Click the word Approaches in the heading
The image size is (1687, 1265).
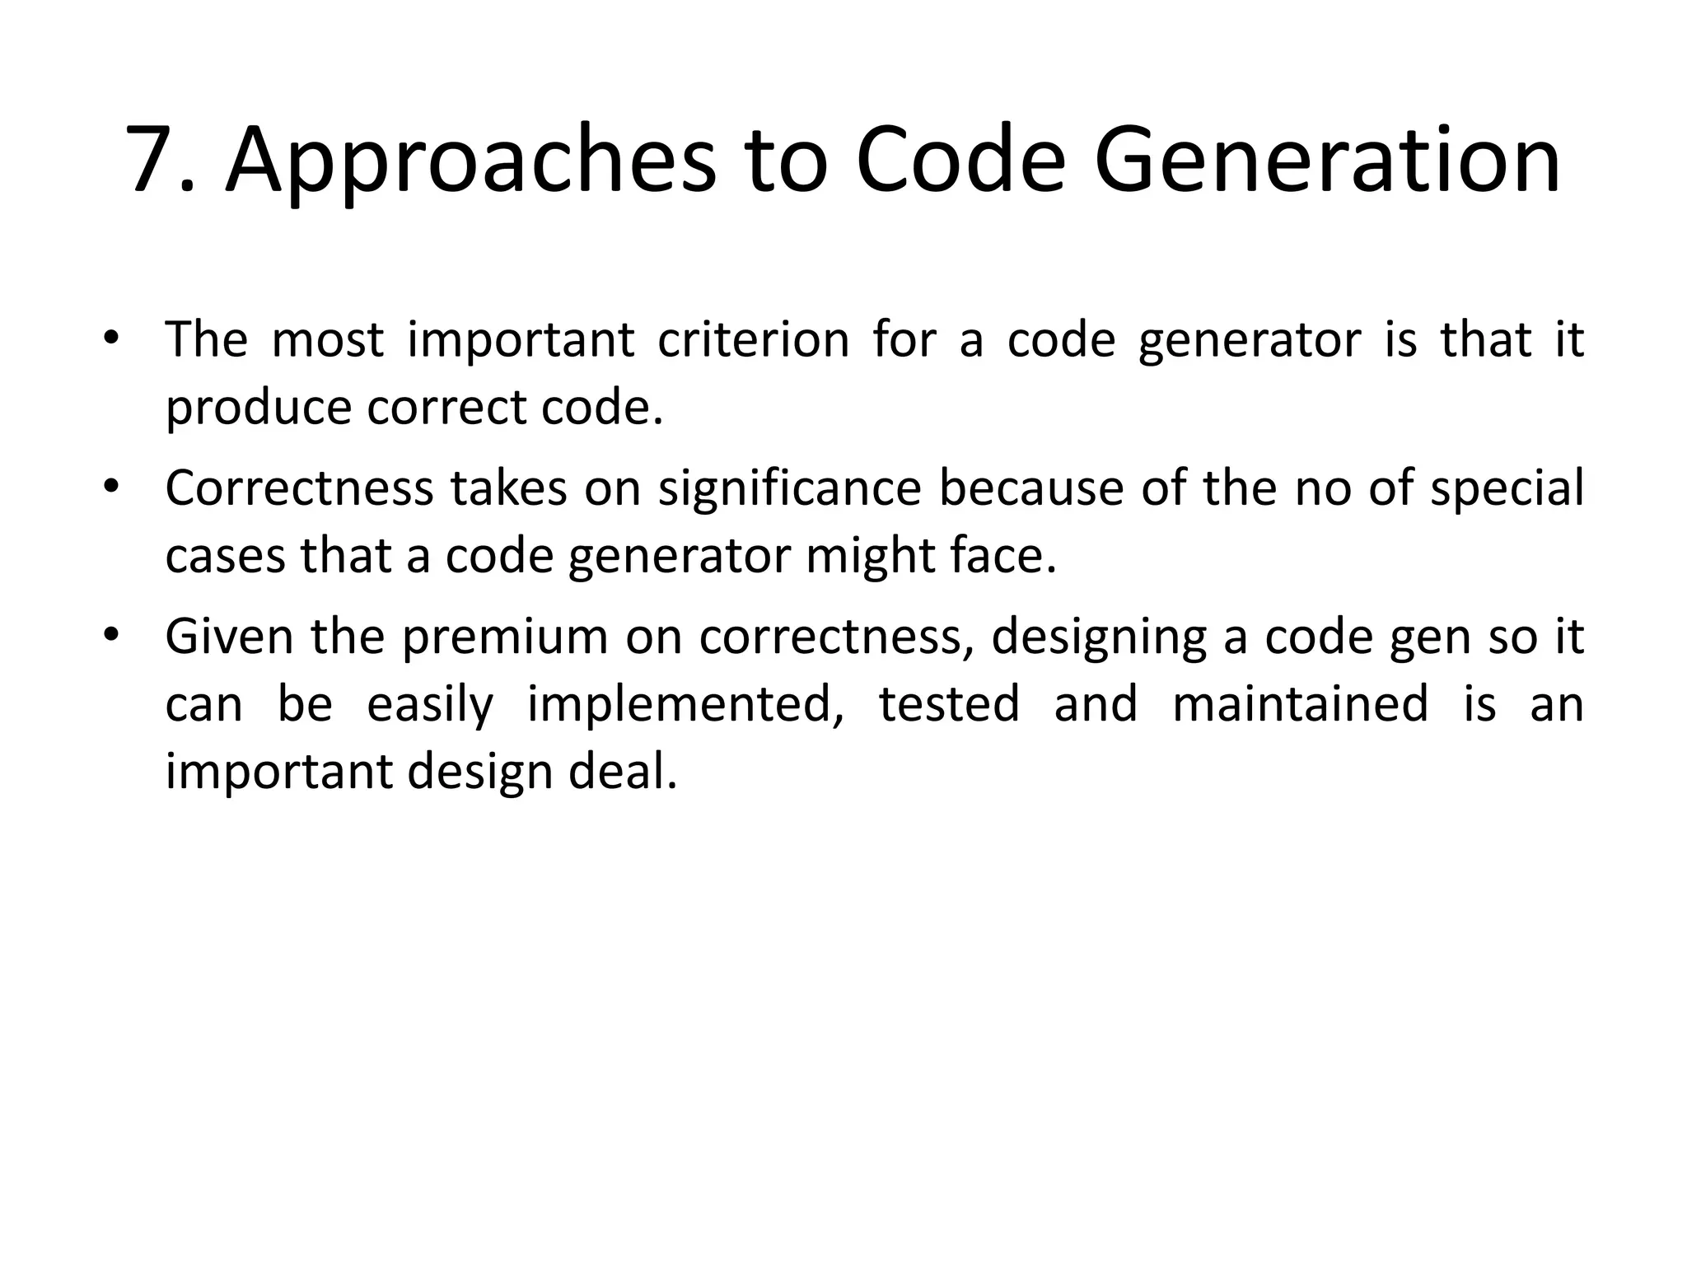[x=470, y=159]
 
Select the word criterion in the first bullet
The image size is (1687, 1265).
[x=753, y=339]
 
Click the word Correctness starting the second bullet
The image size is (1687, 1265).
[x=298, y=488]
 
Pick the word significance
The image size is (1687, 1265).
[x=789, y=488]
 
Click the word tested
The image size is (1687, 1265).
[x=949, y=705]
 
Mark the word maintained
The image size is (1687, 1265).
[x=1300, y=705]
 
